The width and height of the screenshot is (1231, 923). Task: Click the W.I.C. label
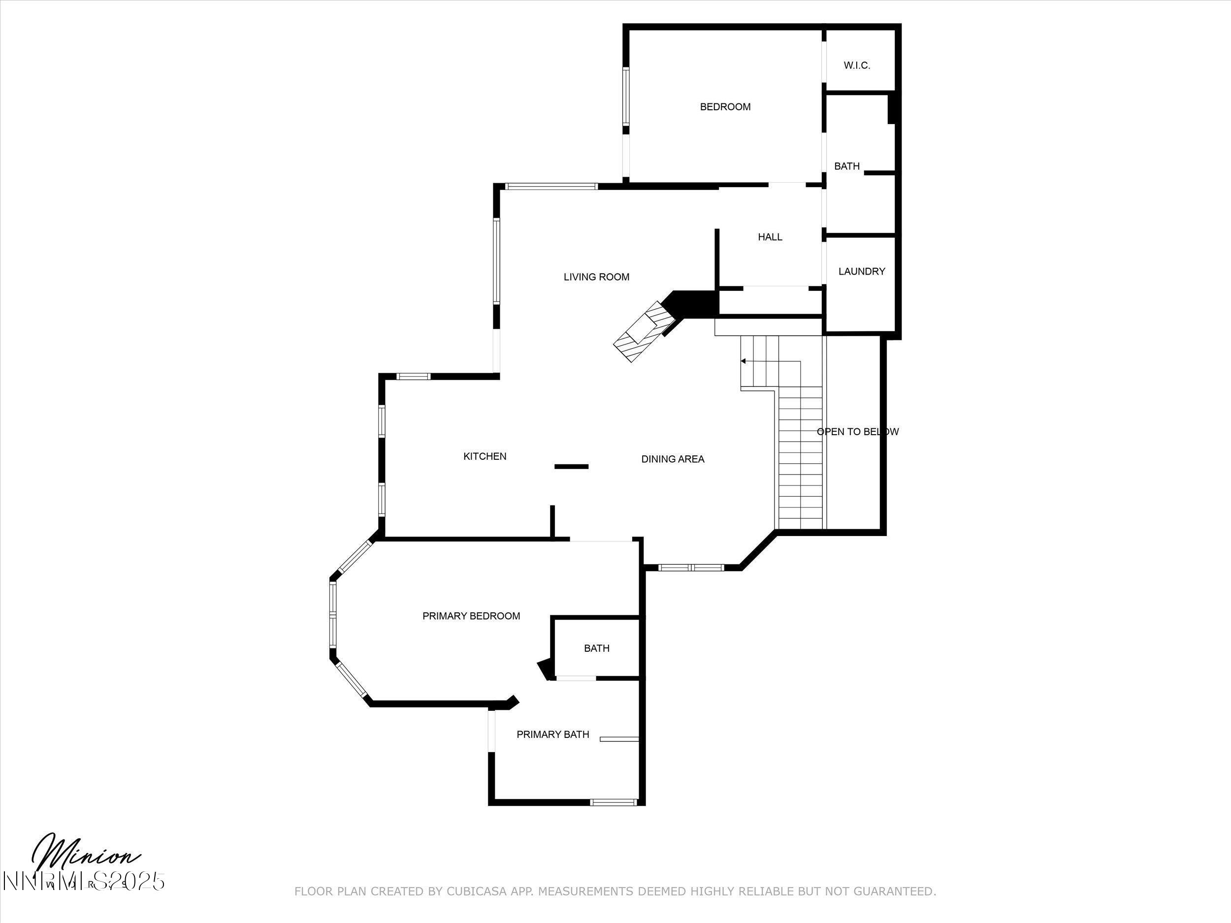click(856, 65)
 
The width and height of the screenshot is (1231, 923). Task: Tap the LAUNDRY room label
click(862, 272)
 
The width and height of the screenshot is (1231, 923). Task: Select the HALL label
click(770, 237)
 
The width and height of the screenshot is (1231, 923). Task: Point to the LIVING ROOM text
click(596, 277)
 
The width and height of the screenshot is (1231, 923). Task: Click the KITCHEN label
click(485, 456)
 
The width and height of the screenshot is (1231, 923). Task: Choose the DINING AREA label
click(672, 459)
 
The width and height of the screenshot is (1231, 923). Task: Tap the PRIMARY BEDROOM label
click(471, 616)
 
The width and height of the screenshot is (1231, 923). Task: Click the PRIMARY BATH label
click(552, 734)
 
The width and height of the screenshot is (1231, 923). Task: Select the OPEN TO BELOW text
click(857, 432)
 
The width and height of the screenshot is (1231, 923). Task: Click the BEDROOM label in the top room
click(725, 107)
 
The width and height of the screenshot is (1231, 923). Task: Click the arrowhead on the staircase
click(744, 361)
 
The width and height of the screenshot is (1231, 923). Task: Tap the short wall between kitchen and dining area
click(571, 466)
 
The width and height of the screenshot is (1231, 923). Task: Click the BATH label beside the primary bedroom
click(597, 648)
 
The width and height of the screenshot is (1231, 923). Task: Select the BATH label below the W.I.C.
click(846, 166)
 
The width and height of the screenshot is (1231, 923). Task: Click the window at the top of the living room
click(551, 187)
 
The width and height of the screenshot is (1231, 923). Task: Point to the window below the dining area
click(691, 568)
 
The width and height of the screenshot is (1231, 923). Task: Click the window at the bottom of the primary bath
click(613, 802)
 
